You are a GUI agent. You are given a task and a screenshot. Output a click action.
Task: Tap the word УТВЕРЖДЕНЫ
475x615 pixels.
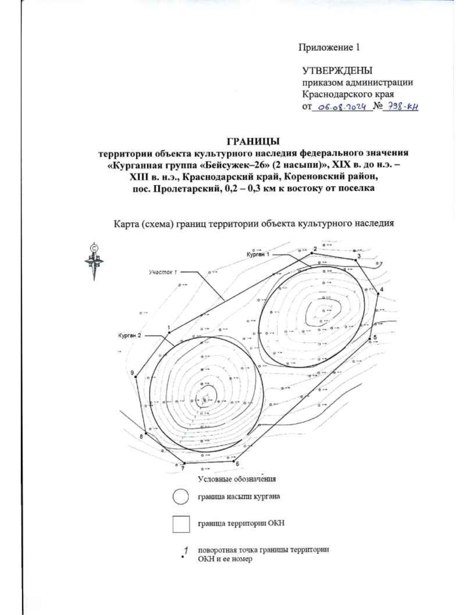pyautogui.click(x=337, y=71)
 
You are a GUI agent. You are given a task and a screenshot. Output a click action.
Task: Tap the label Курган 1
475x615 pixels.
pyautogui.click(x=258, y=255)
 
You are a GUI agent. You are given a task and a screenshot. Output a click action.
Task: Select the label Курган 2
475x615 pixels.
pyautogui.click(x=129, y=335)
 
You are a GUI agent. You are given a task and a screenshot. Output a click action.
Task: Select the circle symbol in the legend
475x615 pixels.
pyautogui.click(x=180, y=497)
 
